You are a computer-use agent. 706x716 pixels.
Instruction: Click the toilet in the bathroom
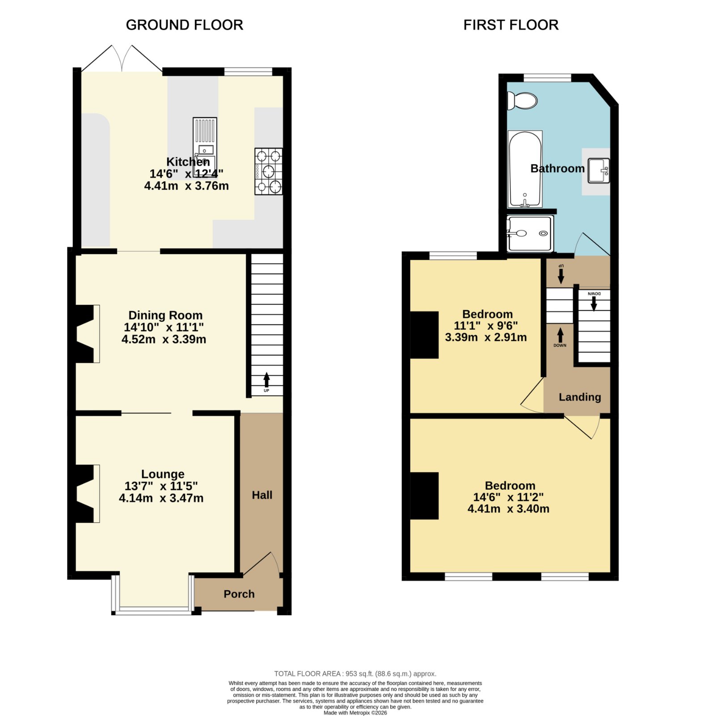pos(522,101)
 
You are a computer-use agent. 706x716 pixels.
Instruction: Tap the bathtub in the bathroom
pos(525,169)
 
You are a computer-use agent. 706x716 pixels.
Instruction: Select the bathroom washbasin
pos(599,170)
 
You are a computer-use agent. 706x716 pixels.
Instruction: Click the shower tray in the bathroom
pos(530,233)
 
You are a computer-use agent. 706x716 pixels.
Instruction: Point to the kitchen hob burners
pos(269,171)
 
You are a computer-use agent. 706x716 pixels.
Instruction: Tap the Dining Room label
pos(165,315)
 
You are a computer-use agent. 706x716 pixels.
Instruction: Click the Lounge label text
pos(163,474)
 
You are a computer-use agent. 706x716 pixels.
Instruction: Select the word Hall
pos(262,495)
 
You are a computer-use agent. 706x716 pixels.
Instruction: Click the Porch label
pos(239,594)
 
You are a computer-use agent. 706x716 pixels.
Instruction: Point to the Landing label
pos(580,397)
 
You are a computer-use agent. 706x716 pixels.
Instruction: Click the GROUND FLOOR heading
pos(185,25)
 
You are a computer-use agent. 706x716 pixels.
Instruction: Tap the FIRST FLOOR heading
pos(511,25)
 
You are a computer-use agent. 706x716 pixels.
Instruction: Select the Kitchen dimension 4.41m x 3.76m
pos(186,186)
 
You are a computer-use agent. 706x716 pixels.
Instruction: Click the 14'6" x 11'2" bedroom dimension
pos(508,497)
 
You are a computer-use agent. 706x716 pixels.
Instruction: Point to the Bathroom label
pos(558,168)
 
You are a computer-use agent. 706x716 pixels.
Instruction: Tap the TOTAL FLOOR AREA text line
pos(355,673)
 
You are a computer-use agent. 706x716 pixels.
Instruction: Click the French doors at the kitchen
pos(122,58)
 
